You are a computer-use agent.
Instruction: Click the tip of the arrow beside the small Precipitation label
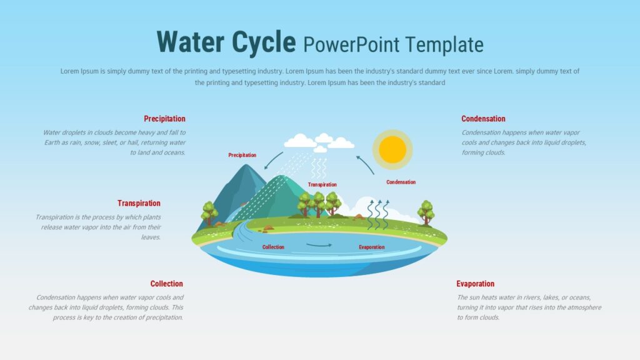pos(265,169)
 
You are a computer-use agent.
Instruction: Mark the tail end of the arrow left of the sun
pos(374,174)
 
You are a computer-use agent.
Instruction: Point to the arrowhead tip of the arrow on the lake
pos(331,245)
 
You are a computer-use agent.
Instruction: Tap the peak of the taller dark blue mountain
pos(246,164)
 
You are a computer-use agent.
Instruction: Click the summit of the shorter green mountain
pos(281,176)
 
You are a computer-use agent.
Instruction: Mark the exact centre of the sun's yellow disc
pos(392,150)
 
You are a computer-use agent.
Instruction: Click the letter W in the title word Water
pos(169,42)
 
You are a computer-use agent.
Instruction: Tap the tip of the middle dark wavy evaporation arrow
pos(379,201)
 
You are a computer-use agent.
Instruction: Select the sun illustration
pos(392,150)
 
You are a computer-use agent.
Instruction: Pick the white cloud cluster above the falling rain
pos(319,142)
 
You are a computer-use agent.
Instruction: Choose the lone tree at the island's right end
pos(426,212)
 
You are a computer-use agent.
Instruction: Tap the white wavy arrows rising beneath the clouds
pos(319,168)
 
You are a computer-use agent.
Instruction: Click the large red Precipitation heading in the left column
pos(164,119)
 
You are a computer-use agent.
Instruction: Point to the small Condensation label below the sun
pos(401,182)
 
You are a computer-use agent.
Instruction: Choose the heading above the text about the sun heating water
pos(475,284)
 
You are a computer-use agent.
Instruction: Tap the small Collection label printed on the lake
pos(273,247)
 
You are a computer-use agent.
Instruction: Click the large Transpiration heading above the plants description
pos(139,203)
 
